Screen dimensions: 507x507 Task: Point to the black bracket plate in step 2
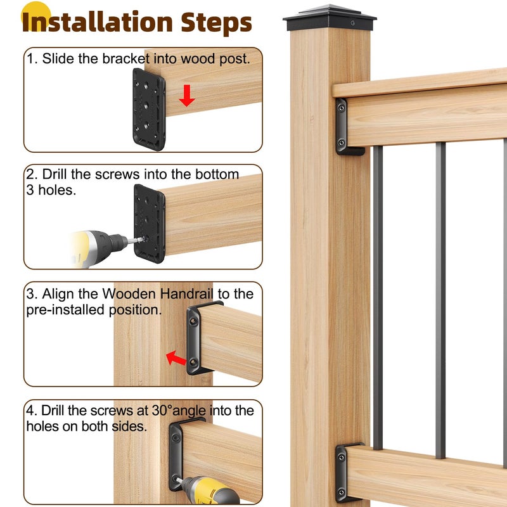click(x=149, y=222)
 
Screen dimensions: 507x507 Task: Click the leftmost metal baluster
click(x=378, y=298)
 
